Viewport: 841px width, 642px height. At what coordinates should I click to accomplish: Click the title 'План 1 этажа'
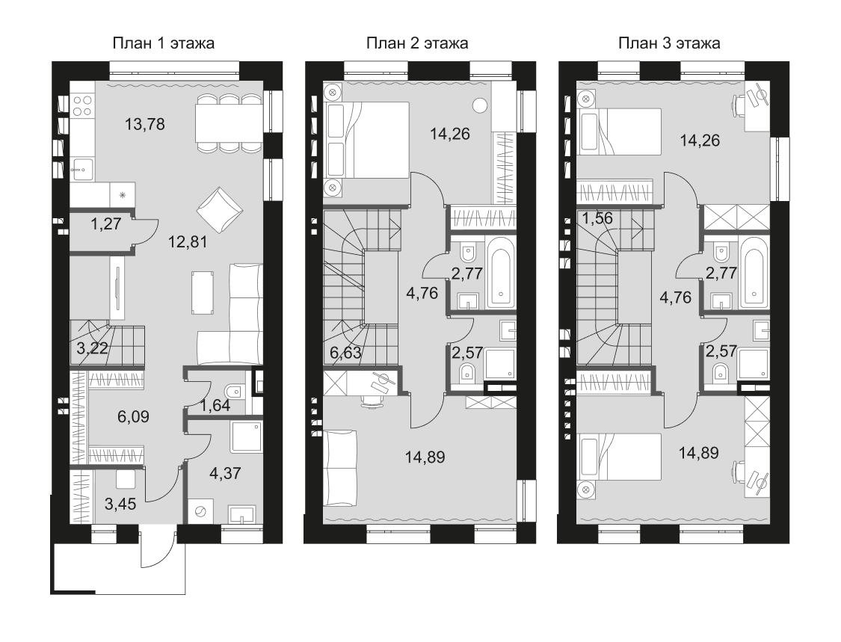pyautogui.click(x=163, y=43)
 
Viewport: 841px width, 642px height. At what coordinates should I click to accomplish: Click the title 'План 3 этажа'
pyautogui.click(x=669, y=43)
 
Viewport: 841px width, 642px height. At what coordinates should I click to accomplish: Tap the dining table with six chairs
pyautogui.click(x=228, y=123)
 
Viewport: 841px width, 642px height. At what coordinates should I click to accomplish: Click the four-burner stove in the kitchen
pyautogui.click(x=83, y=105)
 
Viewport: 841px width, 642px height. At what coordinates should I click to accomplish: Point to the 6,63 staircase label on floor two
pyautogui.click(x=345, y=353)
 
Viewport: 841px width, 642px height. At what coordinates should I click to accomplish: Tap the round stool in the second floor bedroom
pyautogui.click(x=481, y=105)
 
